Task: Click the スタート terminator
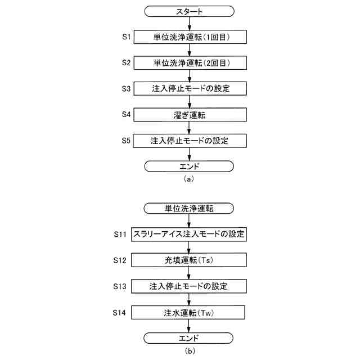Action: [189, 11]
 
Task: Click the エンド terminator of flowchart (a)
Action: [189, 166]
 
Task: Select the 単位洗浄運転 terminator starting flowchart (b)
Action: [189, 208]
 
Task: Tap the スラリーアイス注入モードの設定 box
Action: [189, 234]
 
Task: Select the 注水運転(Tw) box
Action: [190, 312]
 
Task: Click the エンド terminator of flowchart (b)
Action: [189, 337]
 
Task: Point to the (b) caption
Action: [189, 351]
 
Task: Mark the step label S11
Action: [120, 233]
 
